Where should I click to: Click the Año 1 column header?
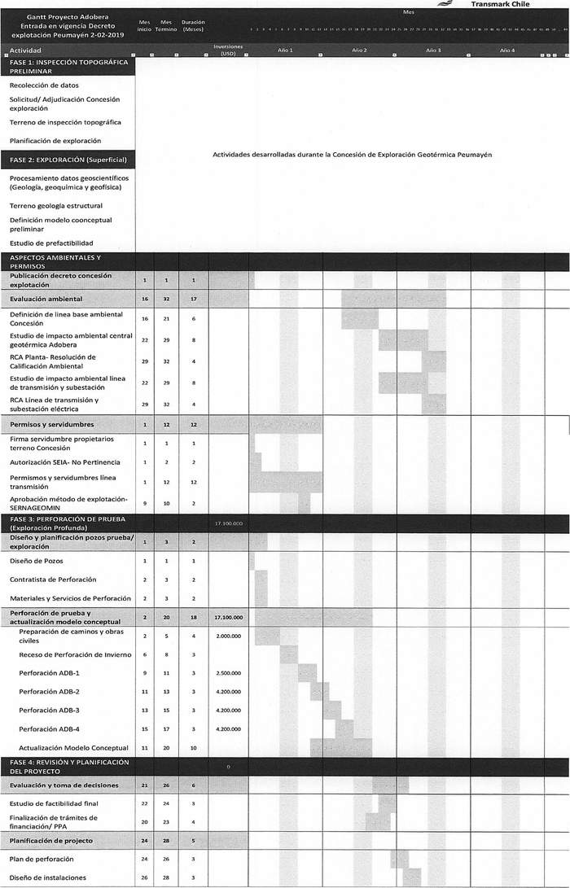point(285,50)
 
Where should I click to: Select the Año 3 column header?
point(433,50)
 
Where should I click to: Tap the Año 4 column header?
point(507,50)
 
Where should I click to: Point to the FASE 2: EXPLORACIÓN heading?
point(68,160)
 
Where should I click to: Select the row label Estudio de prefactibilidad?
point(51,243)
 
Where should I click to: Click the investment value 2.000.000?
point(229,636)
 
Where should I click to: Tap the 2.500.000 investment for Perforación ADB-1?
point(229,673)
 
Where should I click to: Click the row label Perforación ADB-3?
point(50,711)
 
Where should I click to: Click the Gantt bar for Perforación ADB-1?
point(307,673)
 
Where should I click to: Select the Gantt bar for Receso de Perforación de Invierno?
point(288,654)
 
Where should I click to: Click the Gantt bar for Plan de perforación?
point(399,859)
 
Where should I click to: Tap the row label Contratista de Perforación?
point(53,580)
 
